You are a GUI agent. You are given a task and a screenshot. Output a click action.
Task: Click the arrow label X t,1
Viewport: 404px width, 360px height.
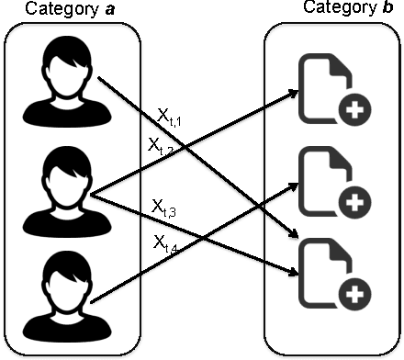coord(172,117)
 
